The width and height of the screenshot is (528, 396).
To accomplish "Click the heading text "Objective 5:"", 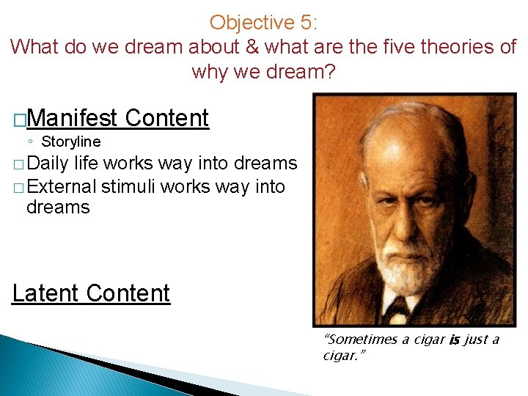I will click(x=263, y=23).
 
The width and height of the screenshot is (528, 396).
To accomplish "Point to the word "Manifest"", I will click(x=74, y=117).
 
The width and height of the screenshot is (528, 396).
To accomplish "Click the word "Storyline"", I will click(x=71, y=142).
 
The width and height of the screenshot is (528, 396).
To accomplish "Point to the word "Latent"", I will click(x=45, y=293).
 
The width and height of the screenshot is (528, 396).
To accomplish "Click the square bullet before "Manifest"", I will click(x=19, y=118).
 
